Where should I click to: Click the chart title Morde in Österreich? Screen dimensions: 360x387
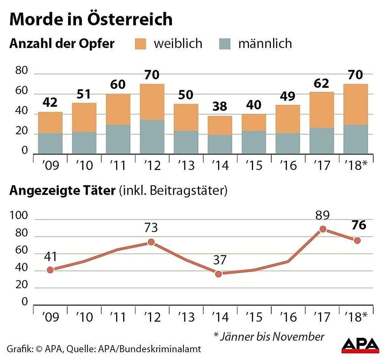tap(91, 19)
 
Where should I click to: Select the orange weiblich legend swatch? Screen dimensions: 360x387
tap(141, 44)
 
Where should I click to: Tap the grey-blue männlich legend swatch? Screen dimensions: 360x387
tap(225, 44)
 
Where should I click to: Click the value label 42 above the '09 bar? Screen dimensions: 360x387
tap(50, 103)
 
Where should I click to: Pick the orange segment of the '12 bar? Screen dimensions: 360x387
tap(152, 102)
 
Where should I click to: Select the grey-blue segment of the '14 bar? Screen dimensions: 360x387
tap(220, 144)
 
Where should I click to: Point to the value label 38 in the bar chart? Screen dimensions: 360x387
tap(220, 106)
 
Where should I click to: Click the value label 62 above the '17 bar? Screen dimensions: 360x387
tap(322, 84)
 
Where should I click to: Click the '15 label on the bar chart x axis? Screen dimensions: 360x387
tap(254, 165)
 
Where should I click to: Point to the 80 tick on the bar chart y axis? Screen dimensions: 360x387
tap(22, 70)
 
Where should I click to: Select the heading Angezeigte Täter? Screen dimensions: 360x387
tap(62, 191)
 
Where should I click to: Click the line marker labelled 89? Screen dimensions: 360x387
tap(322, 229)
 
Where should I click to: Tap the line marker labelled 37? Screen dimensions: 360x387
tap(219, 274)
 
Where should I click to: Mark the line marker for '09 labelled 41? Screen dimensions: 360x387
tap(50, 270)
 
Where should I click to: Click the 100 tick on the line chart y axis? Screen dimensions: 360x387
tap(19, 215)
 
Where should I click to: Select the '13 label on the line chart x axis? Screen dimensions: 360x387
tap(186, 317)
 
